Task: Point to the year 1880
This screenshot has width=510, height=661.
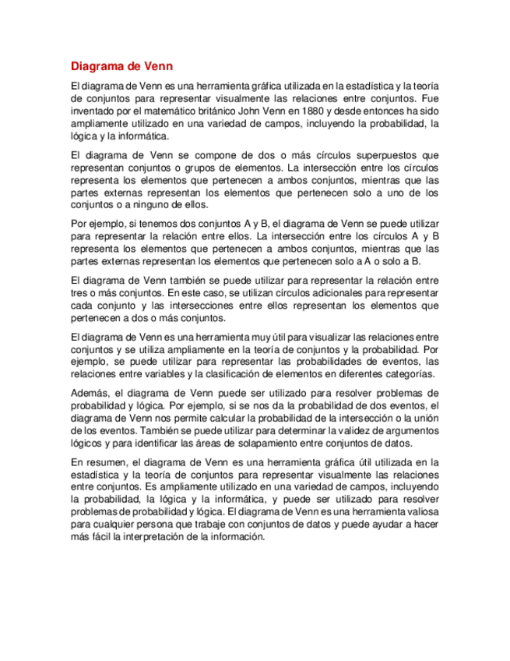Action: [x=294, y=111]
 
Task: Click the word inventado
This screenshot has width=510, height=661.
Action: [x=94, y=111]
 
